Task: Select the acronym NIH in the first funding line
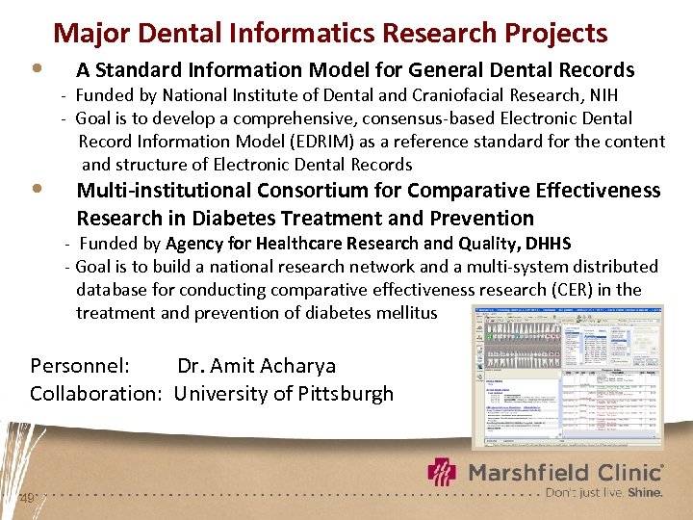[x=603, y=94]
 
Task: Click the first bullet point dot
[x=36, y=69]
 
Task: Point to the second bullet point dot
[x=36, y=188]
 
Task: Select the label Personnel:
[x=80, y=366]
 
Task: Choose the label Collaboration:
[x=96, y=394]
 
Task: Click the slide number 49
[x=27, y=498]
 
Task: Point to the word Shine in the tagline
[x=645, y=491]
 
